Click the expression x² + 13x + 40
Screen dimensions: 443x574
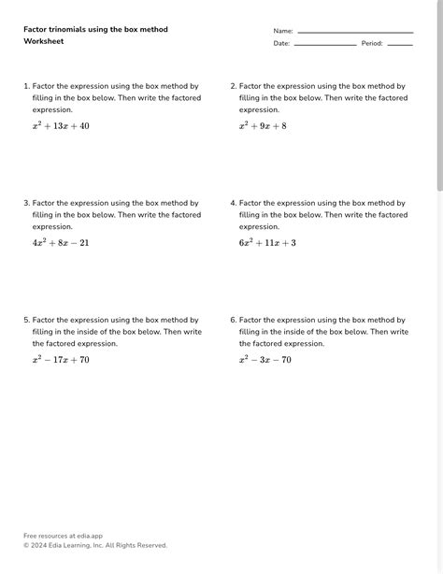[61, 126]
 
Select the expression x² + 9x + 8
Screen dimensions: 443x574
[263, 126]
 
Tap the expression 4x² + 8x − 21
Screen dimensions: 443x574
[61, 243]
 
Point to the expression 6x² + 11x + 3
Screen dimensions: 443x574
[267, 243]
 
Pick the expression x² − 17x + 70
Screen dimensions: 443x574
[61, 360]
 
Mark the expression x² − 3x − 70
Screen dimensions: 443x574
[265, 360]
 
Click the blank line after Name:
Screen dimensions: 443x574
[355, 32]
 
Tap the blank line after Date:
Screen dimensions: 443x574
[325, 44]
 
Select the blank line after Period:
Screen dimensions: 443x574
[400, 44]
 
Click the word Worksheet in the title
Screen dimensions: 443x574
[44, 42]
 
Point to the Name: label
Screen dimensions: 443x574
[283, 32]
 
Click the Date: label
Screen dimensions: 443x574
[281, 44]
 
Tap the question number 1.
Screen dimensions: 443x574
[26, 86]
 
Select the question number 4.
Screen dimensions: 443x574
[233, 203]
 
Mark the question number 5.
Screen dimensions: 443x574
[26, 320]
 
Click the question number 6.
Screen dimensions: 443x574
[233, 320]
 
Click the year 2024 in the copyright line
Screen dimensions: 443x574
[40, 545]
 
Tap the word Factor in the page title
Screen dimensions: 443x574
[36, 30]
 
